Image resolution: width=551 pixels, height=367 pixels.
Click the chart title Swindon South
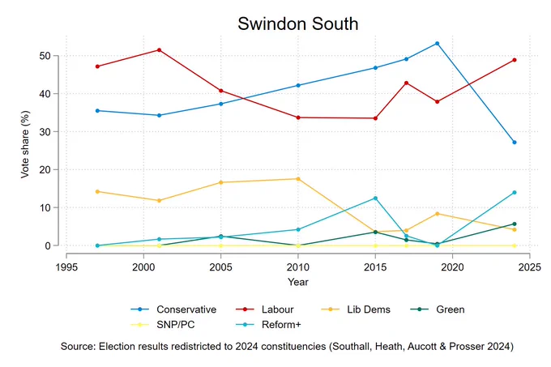pyautogui.click(x=297, y=23)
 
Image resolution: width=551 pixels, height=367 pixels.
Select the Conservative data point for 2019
pyautogui.click(x=437, y=44)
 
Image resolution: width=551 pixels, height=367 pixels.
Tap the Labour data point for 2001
pyautogui.click(x=159, y=50)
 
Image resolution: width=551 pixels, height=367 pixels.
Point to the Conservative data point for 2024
pyautogui.click(x=515, y=143)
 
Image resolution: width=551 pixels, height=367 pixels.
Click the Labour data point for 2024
pyautogui.click(x=515, y=60)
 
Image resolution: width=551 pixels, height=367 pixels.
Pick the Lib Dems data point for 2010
pyautogui.click(x=298, y=179)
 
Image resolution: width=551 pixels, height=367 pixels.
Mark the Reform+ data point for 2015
pyautogui.click(x=375, y=198)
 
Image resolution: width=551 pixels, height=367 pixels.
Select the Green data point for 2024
pyautogui.click(x=515, y=224)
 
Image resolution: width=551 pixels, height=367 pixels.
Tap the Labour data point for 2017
pyautogui.click(x=406, y=83)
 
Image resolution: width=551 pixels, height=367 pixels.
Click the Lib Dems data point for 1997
pyautogui.click(x=97, y=191)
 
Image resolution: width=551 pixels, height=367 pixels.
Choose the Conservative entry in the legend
pyautogui.click(x=173, y=309)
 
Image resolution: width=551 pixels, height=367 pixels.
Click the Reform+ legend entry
pyautogui.click(x=268, y=325)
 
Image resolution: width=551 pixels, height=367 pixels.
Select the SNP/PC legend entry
pyautogui.click(x=163, y=325)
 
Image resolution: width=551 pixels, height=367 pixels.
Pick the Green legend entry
pyautogui.click(x=438, y=309)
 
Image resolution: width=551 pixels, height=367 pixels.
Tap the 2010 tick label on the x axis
pyautogui.click(x=298, y=267)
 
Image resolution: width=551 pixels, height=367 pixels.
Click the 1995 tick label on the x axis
pyautogui.click(x=66, y=267)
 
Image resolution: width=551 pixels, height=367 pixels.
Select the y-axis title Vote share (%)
pyautogui.click(x=25, y=144)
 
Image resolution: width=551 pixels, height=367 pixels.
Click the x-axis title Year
pyautogui.click(x=298, y=282)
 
